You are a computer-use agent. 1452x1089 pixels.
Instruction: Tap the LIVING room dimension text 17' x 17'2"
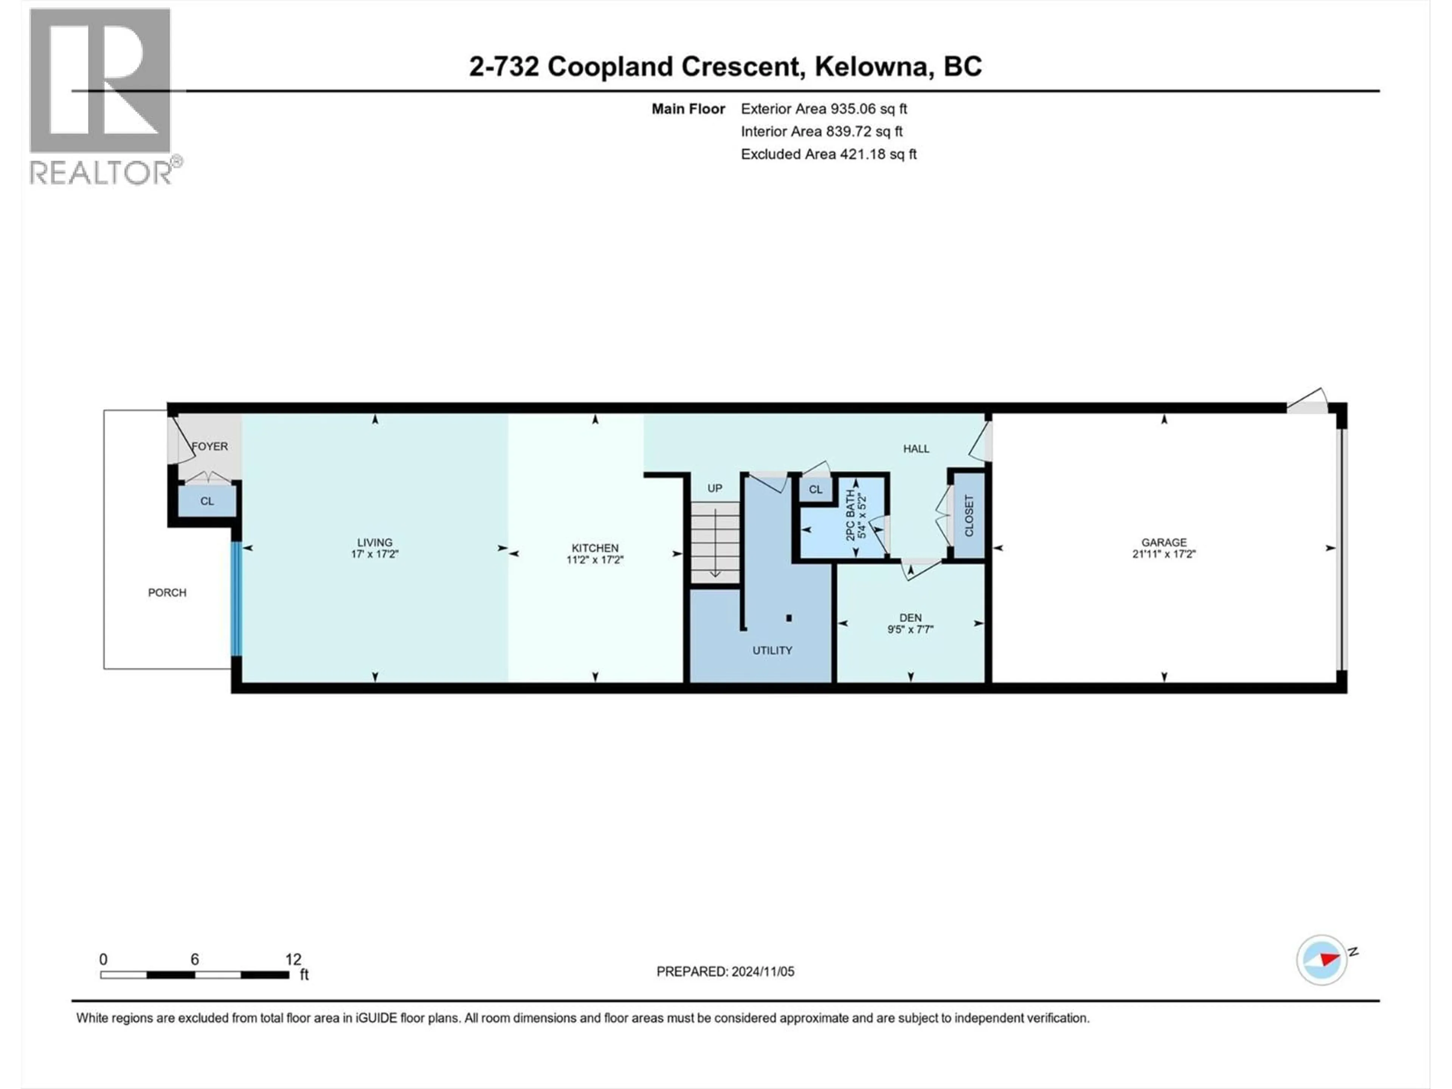coord(375,554)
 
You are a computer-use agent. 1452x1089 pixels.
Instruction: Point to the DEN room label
coord(911,618)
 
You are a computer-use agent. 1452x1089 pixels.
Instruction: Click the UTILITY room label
coord(772,650)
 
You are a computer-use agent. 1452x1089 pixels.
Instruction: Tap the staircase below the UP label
coord(715,541)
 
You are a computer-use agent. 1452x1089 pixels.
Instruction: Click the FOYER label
coord(210,446)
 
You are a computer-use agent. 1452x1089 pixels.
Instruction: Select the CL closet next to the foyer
coord(207,501)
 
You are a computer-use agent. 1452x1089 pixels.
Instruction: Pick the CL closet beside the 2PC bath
coord(815,490)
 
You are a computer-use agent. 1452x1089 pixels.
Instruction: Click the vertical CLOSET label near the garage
coord(969,516)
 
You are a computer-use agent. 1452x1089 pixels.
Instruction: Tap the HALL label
coord(916,449)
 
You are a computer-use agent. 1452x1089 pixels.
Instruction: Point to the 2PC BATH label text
coord(851,515)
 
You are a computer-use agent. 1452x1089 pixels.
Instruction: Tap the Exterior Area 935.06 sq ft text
coord(824,109)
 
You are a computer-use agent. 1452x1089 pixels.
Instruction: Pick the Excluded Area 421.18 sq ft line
coord(828,154)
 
